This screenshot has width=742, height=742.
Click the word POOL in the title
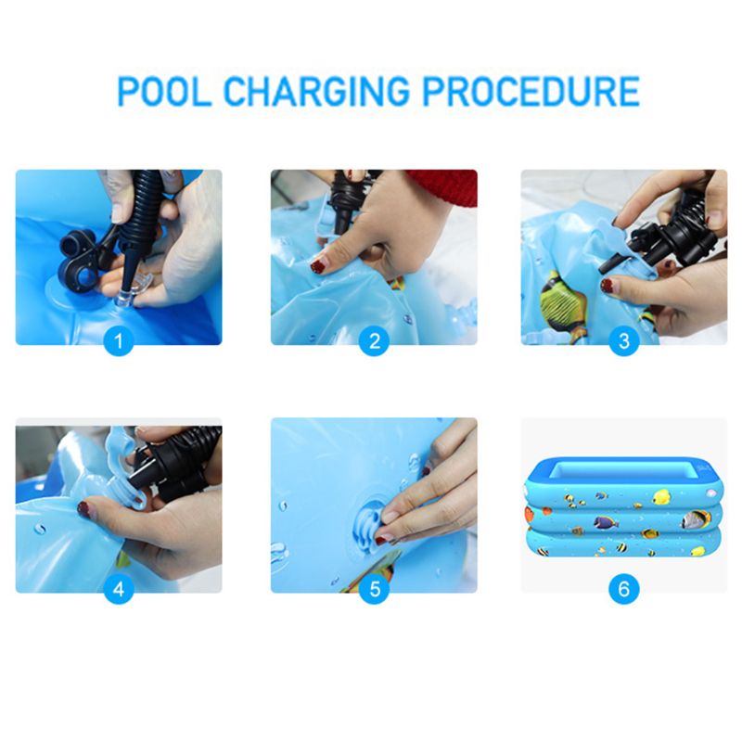[x=164, y=92]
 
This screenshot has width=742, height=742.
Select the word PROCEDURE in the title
[x=538, y=92]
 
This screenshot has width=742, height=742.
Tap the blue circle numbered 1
[x=118, y=340]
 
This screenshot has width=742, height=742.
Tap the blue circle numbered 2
[x=374, y=340]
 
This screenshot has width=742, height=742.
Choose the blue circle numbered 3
[x=623, y=340]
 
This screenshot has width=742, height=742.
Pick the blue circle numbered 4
[x=118, y=588]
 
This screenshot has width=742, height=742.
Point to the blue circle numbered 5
[x=374, y=588]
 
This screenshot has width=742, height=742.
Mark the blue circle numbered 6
[x=623, y=588]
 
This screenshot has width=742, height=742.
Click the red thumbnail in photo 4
[x=83, y=508]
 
